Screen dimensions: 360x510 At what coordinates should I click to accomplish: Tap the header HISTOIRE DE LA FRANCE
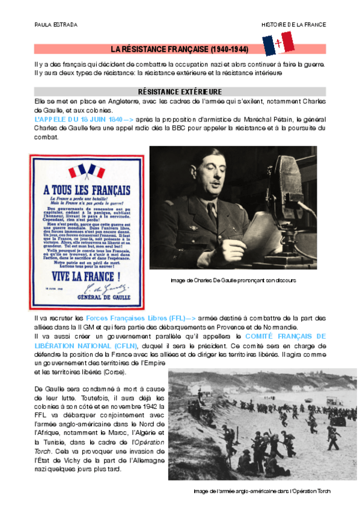coord(293,25)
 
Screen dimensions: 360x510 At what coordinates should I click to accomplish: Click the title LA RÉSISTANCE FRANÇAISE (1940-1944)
coord(180,48)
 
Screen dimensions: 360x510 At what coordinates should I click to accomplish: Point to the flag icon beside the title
coord(278,44)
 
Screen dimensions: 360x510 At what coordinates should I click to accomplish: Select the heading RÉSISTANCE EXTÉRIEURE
coord(180,92)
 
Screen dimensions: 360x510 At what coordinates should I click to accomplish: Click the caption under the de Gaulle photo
coord(233,280)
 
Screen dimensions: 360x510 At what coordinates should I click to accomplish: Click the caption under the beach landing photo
coord(262,491)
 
